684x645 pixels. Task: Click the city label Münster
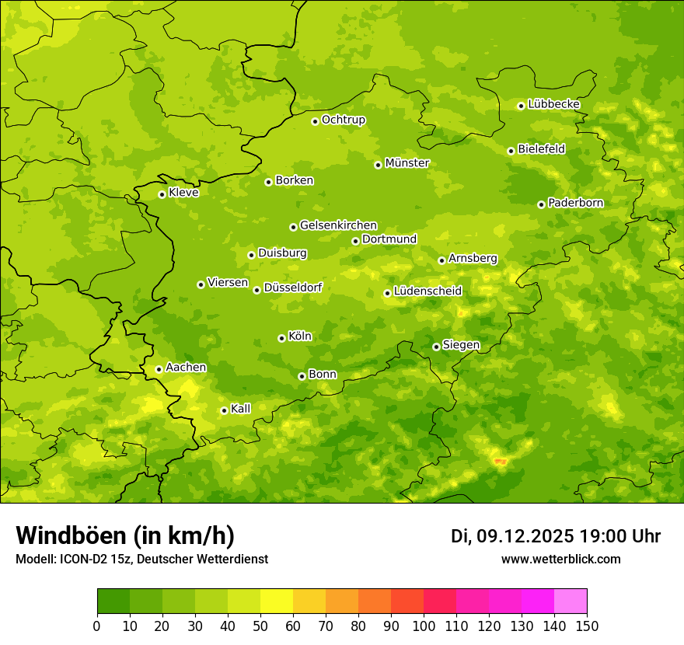pyautogui.click(x=407, y=163)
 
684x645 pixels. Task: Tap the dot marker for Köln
pyautogui.click(x=281, y=338)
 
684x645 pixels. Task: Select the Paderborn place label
pyautogui.click(x=576, y=203)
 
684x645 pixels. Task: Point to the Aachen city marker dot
pyautogui.click(x=159, y=369)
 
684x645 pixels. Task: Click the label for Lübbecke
pyautogui.click(x=554, y=104)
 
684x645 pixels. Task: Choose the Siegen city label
pyautogui.click(x=461, y=345)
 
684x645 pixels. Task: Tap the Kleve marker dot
pyautogui.click(x=162, y=194)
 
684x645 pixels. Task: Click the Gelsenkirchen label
pyautogui.click(x=338, y=225)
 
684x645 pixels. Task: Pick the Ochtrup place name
pyautogui.click(x=344, y=120)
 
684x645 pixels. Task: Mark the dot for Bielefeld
pyautogui.click(x=511, y=151)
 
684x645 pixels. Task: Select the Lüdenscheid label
pyautogui.click(x=427, y=291)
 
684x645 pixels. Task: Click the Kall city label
pyautogui.click(x=241, y=409)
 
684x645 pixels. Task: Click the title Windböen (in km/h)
pyautogui.click(x=125, y=535)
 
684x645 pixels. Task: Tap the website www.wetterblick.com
pyautogui.click(x=560, y=559)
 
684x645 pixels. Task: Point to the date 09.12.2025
pyautogui.click(x=525, y=536)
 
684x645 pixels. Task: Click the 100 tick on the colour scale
pyautogui.click(x=424, y=626)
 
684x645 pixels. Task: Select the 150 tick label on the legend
pyautogui.click(x=587, y=626)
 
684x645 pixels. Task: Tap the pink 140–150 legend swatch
pyautogui.click(x=571, y=601)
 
